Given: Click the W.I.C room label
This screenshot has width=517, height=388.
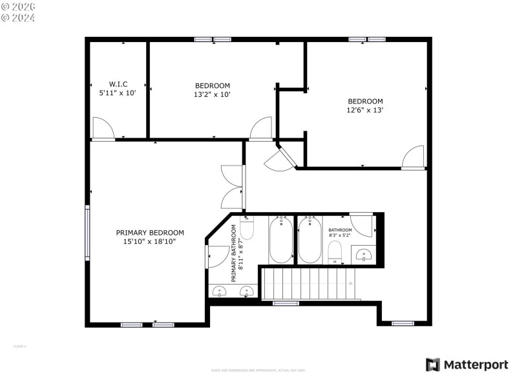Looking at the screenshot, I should [x=118, y=84].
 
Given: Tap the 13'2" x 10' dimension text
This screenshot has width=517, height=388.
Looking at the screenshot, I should [x=213, y=94].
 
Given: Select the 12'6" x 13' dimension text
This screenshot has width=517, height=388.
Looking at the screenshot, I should [x=365, y=110].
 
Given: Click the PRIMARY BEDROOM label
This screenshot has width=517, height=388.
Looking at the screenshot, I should [x=150, y=233].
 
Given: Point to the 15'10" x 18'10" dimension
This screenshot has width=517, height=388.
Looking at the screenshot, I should [x=150, y=241].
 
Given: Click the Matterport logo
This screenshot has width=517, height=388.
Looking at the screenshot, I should [x=467, y=365].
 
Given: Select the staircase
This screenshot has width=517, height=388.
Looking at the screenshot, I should [x=309, y=284].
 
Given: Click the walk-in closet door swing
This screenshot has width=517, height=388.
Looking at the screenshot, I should [x=102, y=128].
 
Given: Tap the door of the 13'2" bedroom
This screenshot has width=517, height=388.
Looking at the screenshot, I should [x=261, y=128].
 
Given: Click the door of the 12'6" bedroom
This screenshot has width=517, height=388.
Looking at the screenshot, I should [x=413, y=157].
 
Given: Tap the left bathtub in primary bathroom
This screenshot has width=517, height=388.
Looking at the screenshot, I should [x=281, y=241].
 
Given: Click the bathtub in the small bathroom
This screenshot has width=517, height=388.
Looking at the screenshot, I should [x=310, y=241].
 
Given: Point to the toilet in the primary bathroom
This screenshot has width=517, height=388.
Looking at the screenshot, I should [x=247, y=228].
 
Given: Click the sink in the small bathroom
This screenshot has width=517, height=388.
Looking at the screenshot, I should [x=364, y=255].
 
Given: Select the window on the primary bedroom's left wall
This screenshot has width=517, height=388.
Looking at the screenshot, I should [x=87, y=233].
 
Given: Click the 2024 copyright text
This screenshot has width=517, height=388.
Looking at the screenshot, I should [x=18, y=17].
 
